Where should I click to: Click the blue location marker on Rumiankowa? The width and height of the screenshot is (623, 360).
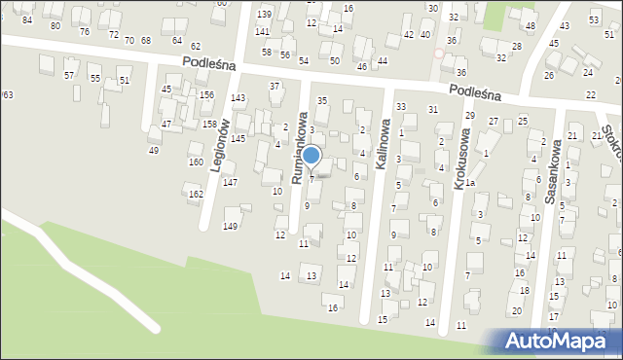[x=311, y=155]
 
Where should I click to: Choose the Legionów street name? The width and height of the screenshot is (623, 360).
[x=219, y=146]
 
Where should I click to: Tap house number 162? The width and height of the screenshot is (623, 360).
[x=196, y=195]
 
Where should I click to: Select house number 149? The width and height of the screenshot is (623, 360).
[x=231, y=227]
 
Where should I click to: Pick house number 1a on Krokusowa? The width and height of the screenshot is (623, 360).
[x=469, y=183]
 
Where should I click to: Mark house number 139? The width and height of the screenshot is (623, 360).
[x=264, y=14]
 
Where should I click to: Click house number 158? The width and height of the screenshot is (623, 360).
[x=209, y=125]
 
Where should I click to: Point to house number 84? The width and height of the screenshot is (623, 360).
[x=27, y=20]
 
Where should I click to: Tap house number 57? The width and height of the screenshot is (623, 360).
[x=69, y=75]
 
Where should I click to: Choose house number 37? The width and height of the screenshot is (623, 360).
[x=275, y=87]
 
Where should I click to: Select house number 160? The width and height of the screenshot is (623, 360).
[x=196, y=162]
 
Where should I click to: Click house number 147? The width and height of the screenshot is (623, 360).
[x=230, y=183]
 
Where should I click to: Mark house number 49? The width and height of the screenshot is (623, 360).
[x=153, y=150]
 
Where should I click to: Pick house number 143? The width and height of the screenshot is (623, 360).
[x=238, y=98]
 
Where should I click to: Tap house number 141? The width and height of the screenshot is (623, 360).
[x=262, y=32]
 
